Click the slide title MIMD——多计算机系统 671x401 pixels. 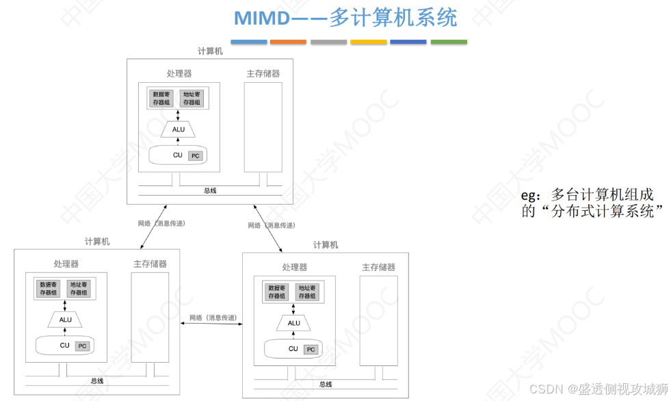(x=345, y=18)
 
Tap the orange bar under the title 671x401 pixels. (x=288, y=42)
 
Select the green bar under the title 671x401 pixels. (x=449, y=42)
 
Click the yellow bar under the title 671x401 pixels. (x=369, y=42)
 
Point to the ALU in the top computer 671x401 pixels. (x=179, y=129)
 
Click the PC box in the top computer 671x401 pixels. (x=196, y=156)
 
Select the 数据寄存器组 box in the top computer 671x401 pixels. (x=161, y=98)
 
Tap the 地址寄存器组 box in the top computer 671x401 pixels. (x=192, y=98)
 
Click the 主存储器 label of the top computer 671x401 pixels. (x=263, y=73)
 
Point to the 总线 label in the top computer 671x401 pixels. (x=210, y=190)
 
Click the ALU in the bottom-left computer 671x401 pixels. (x=66, y=319)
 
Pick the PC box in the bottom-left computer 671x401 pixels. (x=83, y=346)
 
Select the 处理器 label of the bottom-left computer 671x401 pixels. (x=66, y=263)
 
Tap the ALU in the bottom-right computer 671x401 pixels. (x=294, y=322)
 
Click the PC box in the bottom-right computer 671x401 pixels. (x=311, y=350)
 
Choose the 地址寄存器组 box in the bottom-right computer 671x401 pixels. (x=308, y=292)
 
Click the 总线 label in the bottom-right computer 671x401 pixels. (x=326, y=385)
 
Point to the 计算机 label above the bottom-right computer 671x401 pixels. (x=326, y=244)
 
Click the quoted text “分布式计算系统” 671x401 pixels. (x=594, y=211)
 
